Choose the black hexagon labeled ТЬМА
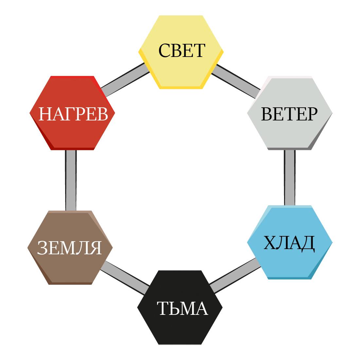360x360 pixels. coord(180,327)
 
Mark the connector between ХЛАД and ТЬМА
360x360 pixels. coord(235,275)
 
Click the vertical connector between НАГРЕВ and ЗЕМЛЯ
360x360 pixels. coord(71,180)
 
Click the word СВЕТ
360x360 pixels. coord(182,51)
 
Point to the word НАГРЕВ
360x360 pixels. coord(73,114)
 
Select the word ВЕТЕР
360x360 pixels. coord(289,114)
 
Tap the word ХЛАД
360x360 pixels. coord(289,243)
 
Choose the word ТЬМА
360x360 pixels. coord(182,308)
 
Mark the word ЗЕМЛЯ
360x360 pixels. coord(69,248)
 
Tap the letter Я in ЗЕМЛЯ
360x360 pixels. coord(96,248)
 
